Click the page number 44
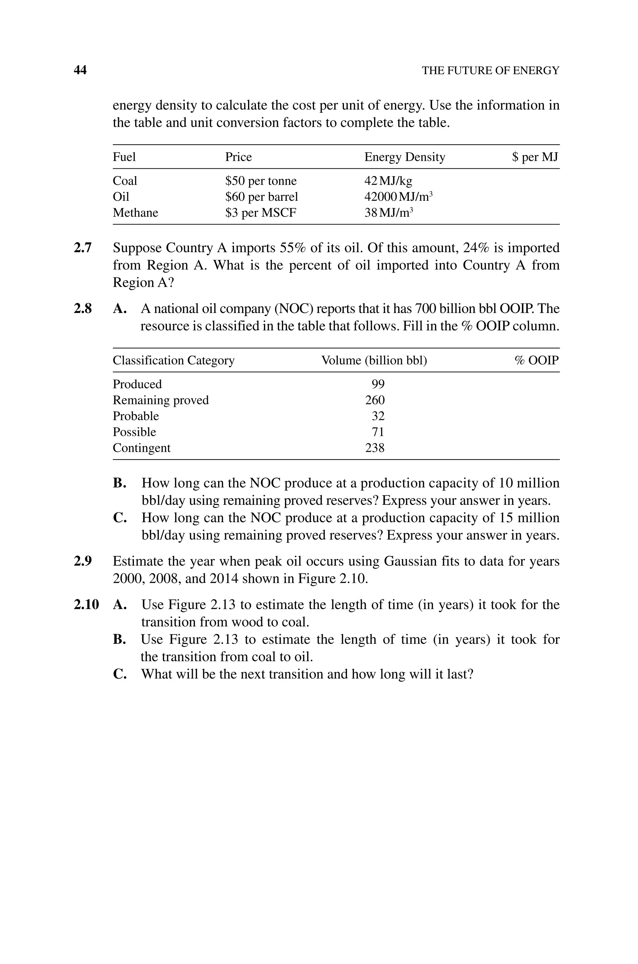(x=80, y=70)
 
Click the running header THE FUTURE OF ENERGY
(x=490, y=70)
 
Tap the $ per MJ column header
(x=535, y=157)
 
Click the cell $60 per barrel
(x=262, y=197)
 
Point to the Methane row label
(x=136, y=213)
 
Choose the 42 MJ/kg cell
(x=388, y=181)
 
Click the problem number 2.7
(x=83, y=248)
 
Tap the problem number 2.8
(x=83, y=309)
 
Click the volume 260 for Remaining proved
(x=375, y=400)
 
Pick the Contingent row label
(x=142, y=448)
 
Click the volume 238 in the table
(x=375, y=448)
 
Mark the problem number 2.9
(x=83, y=561)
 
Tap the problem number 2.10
(x=86, y=605)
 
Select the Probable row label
(x=136, y=416)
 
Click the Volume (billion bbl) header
(x=374, y=360)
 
